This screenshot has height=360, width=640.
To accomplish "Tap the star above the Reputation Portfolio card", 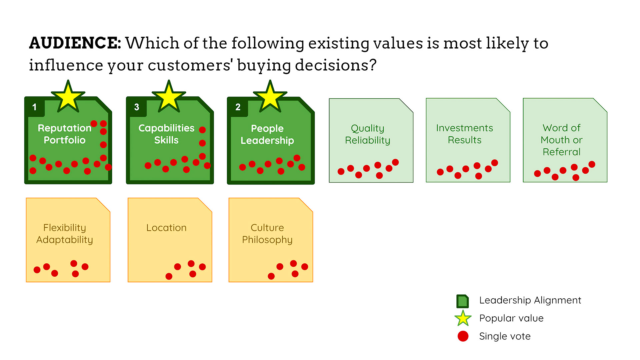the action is [68, 97].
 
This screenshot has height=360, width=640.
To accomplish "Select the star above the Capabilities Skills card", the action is [169, 97].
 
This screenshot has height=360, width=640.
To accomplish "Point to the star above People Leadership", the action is [270, 97].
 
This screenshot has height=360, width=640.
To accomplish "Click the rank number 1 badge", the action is [34, 107].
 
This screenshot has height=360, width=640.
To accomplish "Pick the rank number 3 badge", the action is [136, 107].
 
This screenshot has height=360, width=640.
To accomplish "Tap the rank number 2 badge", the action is [238, 107].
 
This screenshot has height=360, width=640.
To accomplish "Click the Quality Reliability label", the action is [368, 134].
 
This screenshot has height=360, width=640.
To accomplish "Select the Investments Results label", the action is [465, 134].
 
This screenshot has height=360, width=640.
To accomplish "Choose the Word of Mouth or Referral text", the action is [562, 140].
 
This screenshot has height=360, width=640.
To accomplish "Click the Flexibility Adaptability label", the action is [65, 234].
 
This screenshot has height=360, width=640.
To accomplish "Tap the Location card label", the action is [166, 228].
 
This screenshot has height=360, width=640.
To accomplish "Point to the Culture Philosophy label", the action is [267, 234].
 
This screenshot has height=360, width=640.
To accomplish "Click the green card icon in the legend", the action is [463, 301].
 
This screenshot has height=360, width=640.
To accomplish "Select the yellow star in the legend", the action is [463, 318].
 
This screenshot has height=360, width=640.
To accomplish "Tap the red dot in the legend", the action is [463, 336].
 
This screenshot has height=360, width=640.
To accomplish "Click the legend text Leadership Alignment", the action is [530, 300].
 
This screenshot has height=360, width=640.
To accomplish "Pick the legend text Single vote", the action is [505, 336].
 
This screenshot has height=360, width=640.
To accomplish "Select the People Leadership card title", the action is [267, 134].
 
